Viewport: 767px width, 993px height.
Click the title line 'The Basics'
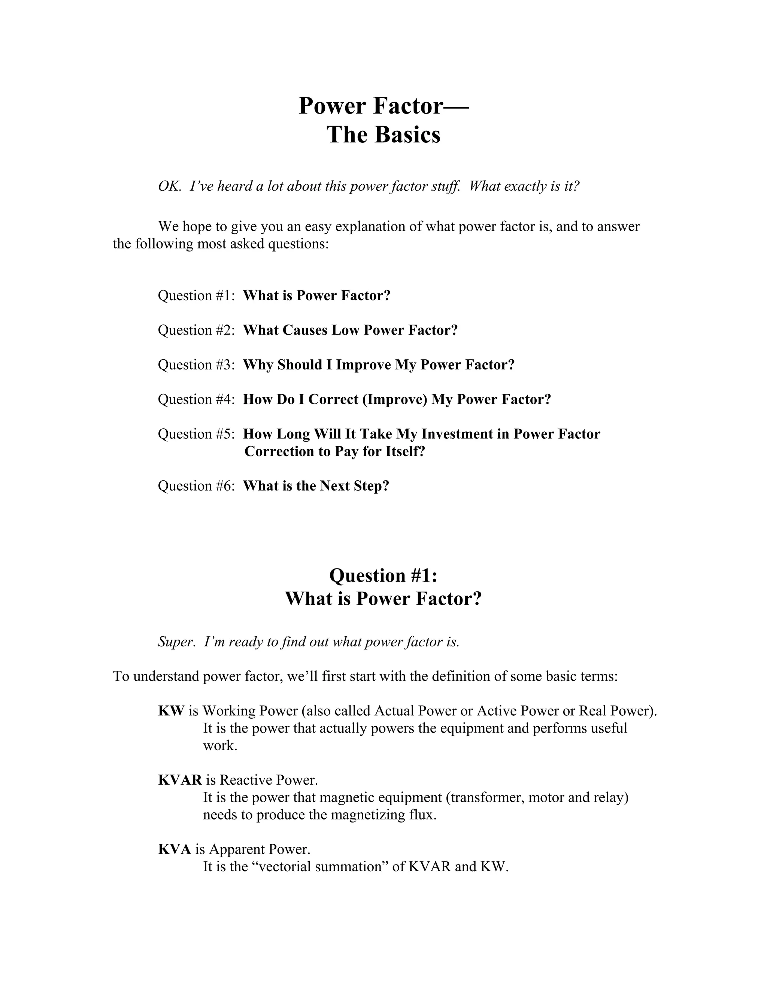383,135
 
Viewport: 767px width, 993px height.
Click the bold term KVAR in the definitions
180,780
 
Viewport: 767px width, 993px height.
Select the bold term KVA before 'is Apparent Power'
175,849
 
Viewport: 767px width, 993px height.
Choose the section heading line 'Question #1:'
383,576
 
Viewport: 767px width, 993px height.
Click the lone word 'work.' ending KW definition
220,746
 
